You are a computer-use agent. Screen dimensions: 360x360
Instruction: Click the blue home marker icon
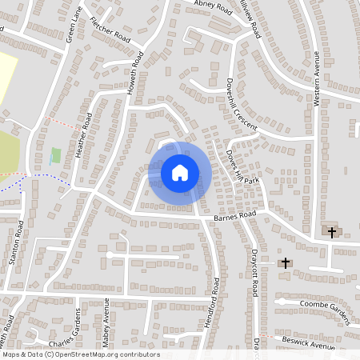coord(180,171)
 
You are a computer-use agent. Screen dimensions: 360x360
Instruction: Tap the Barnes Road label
coord(234,216)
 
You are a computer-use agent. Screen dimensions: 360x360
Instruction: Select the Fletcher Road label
coord(110,30)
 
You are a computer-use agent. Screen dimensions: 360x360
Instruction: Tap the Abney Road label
coord(213,7)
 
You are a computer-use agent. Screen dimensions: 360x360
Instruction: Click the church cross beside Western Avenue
coord(332,231)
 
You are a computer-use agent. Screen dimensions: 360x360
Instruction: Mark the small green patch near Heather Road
coord(55,156)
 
